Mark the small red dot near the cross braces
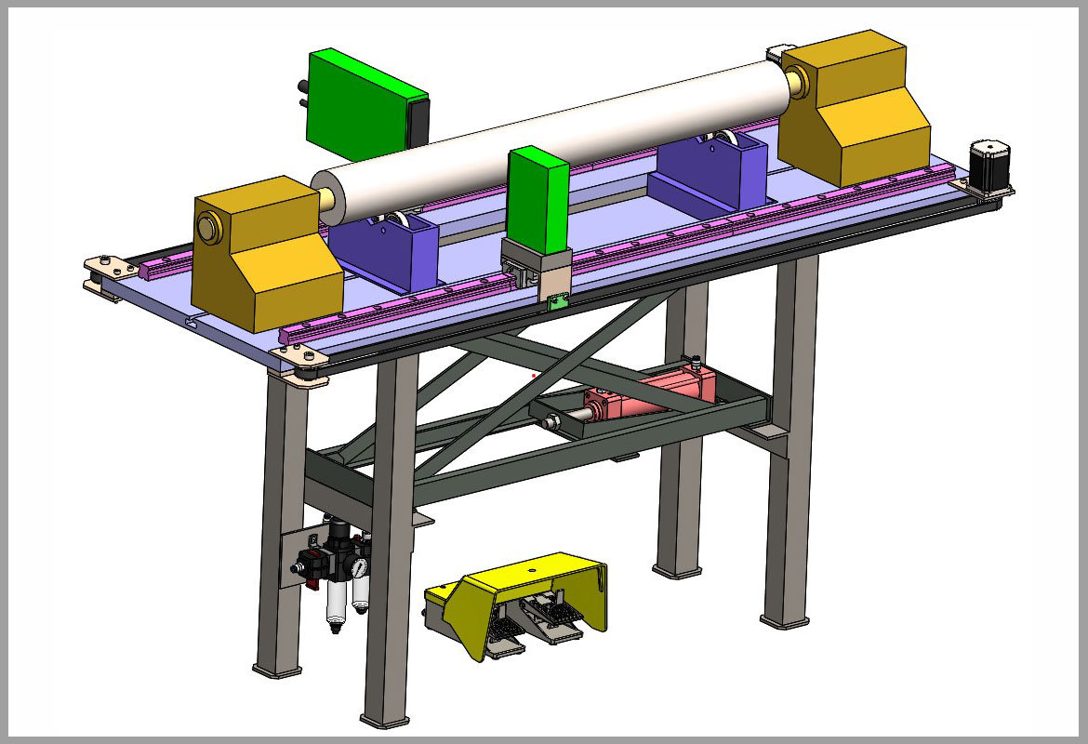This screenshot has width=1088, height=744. point(534,376)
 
